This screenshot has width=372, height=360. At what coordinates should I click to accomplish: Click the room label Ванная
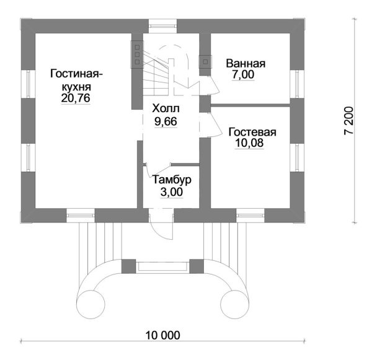point(246,63)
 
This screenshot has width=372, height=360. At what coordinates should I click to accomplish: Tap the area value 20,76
point(76,99)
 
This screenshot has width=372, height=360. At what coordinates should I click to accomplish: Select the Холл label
point(165,108)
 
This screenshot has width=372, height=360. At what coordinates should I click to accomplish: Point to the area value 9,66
point(165,121)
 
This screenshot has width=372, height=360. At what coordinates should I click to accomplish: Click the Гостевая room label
point(252,133)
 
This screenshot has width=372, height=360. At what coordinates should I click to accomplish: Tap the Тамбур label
point(172,180)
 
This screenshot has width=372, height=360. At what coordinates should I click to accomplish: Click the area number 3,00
point(172,193)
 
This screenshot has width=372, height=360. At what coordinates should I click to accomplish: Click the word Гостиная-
point(77,75)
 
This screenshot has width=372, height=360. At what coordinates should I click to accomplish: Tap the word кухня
point(76,87)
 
